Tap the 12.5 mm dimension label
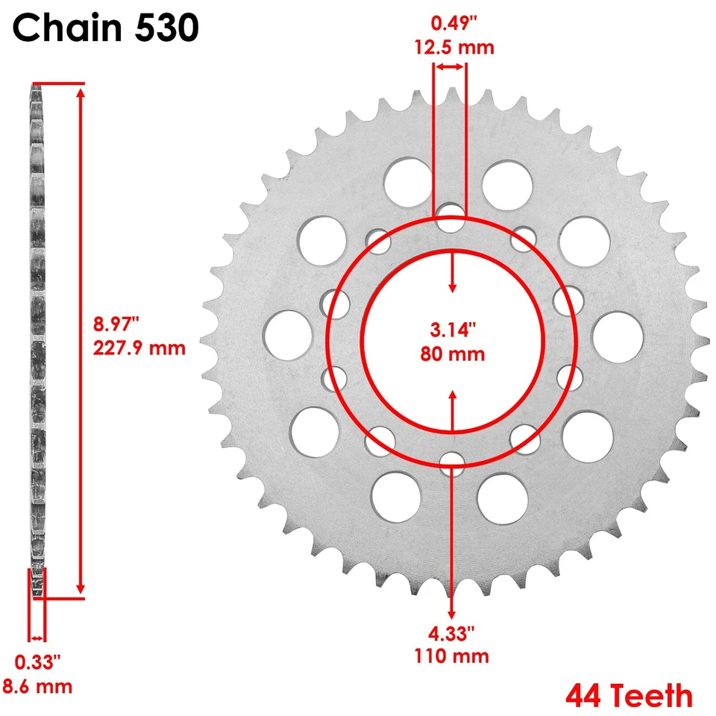click(454, 48)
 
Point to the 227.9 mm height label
click(139, 348)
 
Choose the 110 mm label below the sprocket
click(453, 656)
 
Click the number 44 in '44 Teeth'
click(585, 696)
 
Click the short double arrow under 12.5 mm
click(450, 67)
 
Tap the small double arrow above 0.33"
click(37, 638)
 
